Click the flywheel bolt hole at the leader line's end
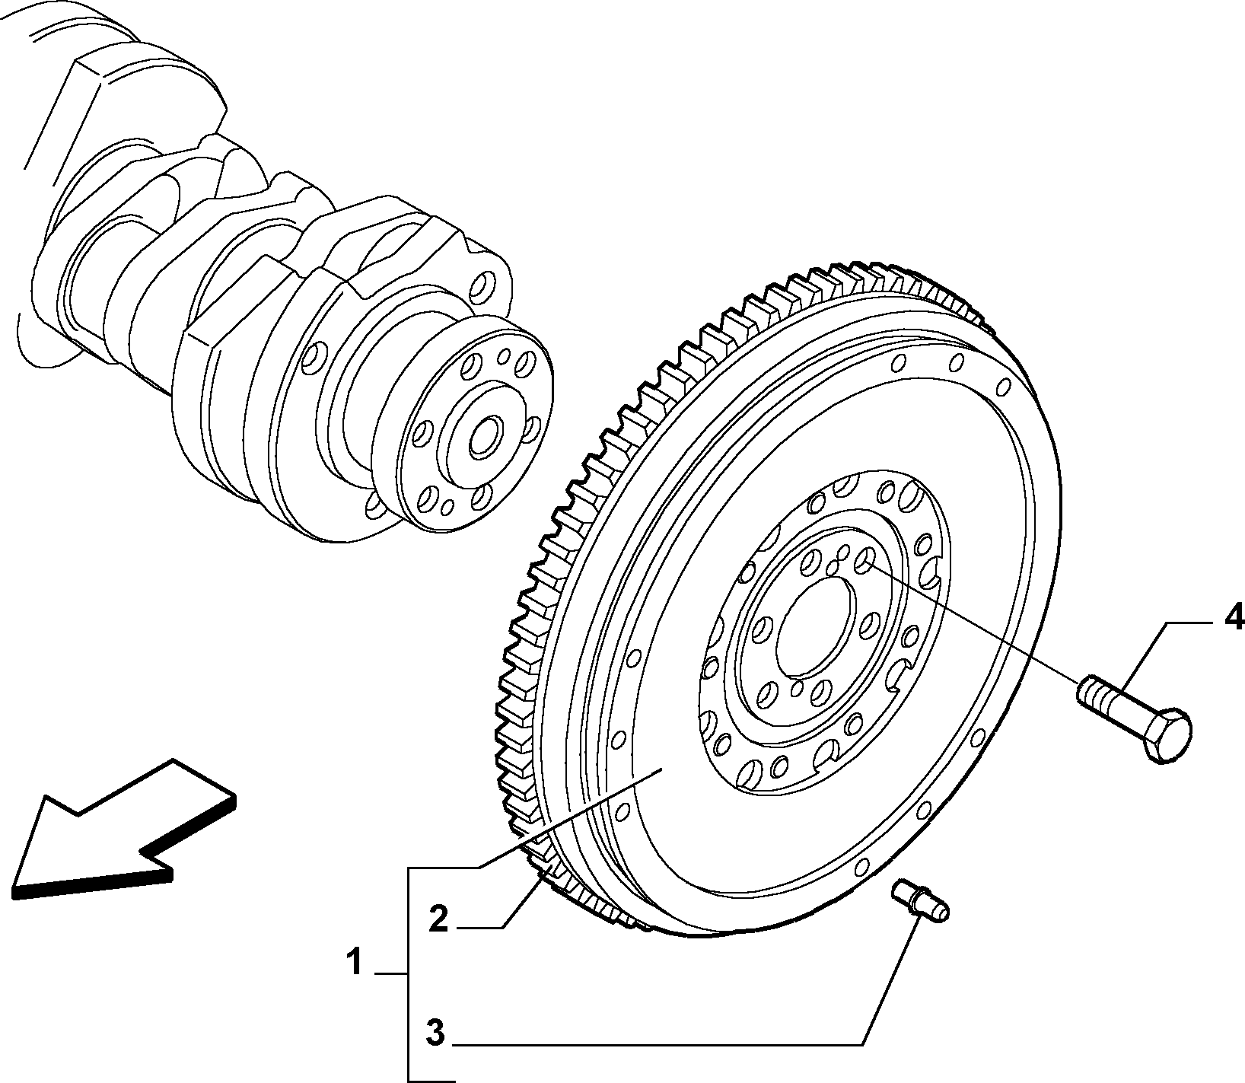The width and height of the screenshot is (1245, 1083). click(x=863, y=562)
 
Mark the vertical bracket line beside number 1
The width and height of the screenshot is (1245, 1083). click(x=409, y=973)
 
